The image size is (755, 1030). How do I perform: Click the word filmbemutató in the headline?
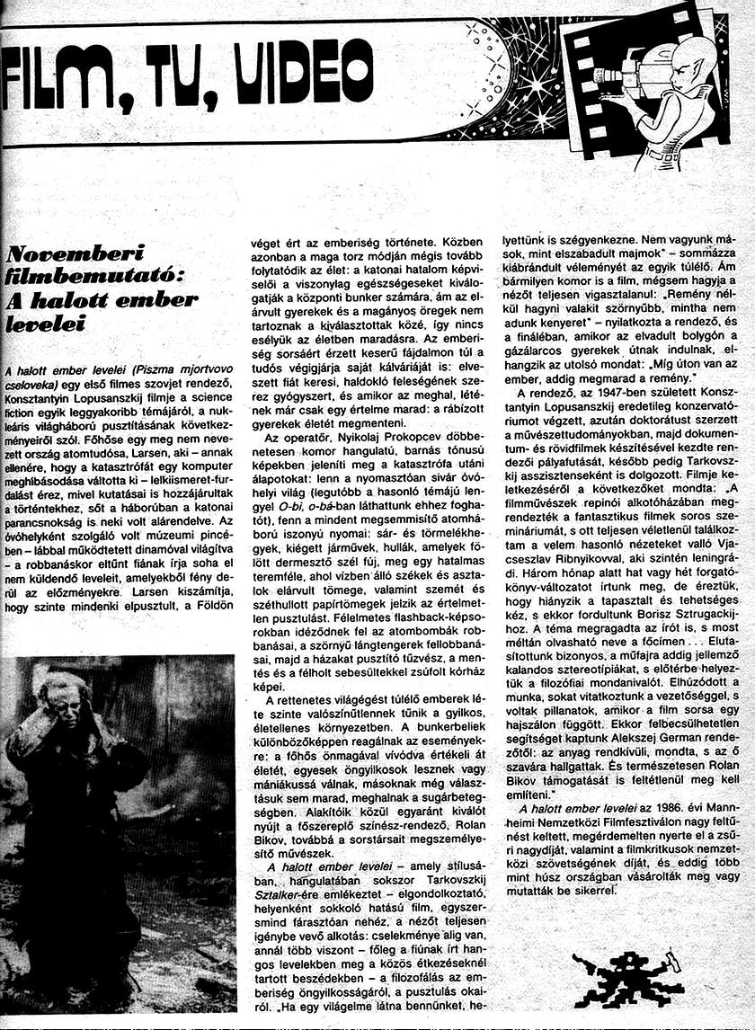[82, 276]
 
